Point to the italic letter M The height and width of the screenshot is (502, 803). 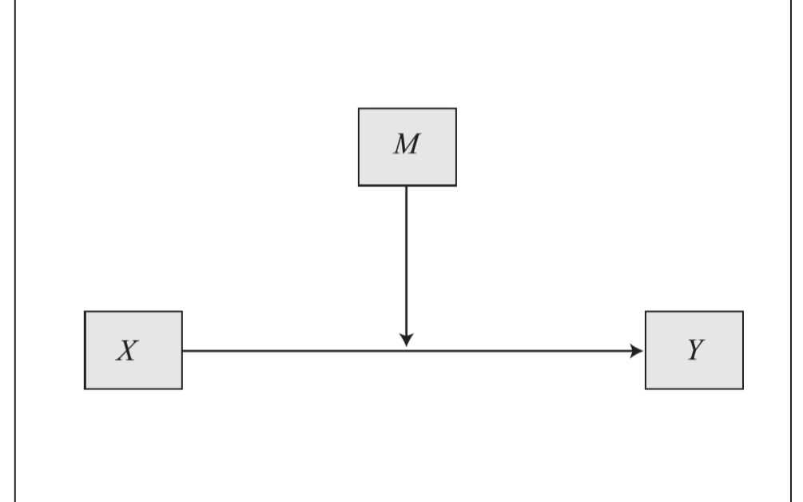tap(407, 147)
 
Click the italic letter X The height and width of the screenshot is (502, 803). tap(126, 351)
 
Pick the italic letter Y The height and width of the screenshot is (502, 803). tap(694, 351)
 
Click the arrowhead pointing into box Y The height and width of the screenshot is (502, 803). tap(637, 350)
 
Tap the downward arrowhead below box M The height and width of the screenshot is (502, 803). tap(407, 340)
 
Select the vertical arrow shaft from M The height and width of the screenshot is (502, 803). tap(407, 256)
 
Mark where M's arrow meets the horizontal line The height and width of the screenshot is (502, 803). tap(407, 349)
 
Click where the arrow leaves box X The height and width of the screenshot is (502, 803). tap(183, 350)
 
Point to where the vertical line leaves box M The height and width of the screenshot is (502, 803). tap(407, 186)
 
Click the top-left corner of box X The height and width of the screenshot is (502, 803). tap(85, 312)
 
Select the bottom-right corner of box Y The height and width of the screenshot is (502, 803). tap(742, 389)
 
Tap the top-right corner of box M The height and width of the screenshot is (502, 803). tap(456, 109)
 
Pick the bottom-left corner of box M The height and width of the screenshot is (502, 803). tap(359, 185)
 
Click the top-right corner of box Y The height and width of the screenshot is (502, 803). tap(742, 312)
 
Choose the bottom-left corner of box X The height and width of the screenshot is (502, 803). tap(85, 389)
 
